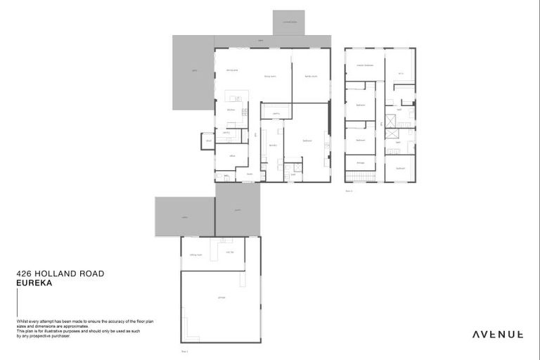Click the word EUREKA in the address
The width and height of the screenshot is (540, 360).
click(34, 285)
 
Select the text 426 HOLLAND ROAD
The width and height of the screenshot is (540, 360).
click(60, 275)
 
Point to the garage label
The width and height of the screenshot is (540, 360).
click(221, 298)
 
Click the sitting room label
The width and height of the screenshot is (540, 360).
click(195, 255)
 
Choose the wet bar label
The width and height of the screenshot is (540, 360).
click(230, 251)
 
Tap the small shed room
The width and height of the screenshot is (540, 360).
click(207, 141)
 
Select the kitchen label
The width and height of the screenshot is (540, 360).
click(230, 110)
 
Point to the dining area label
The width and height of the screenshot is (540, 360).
click(232, 70)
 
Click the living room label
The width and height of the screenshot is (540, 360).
click(270, 76)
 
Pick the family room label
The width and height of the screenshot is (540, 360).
click(310, 76)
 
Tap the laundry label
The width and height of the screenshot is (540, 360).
click(272, 146)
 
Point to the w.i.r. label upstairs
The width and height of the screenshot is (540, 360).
click(400, 72)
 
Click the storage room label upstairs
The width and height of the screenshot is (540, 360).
click(361, 163)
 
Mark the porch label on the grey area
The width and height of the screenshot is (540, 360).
click(238, 209)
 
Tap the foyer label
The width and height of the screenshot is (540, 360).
click(249, 173)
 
